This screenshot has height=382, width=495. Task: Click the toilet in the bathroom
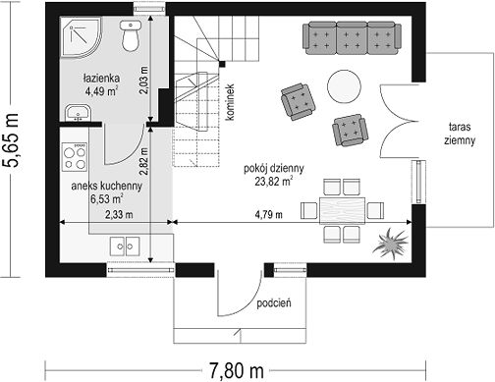pyautogui.click(x=131, y=35)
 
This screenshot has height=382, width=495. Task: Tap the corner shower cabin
pyautogui.click(x=80, y=37)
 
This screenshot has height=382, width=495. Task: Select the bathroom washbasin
pyautogui.click(x=78, y=113)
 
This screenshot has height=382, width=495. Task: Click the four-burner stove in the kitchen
pyautogui.click(x=75, y=157)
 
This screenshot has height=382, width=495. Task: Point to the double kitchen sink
pyautogui.click(x=125, y=246)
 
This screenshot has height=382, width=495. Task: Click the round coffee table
pyautogui.click(x=344, y=86)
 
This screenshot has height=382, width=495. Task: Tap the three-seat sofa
pyautogui.click(x=353, y=38)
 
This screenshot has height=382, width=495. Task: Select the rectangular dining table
pyautogui.click(x=342, y=210)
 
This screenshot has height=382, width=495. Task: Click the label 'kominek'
pyautogui.click(x=231, y=102)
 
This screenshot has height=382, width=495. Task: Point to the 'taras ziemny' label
pyautogui.click(x=460, y=134)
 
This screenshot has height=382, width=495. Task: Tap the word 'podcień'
pyautogui.click(x=274, y=302)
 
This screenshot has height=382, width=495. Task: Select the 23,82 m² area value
pyautogui.click(x=274, y=181)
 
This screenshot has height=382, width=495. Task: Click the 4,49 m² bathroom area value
pyautogui.click(x=101, y=90)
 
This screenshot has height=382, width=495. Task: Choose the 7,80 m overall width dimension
pyautogui.click(x=237, y=371)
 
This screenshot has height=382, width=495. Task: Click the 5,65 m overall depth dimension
pyautogui.click(x=10, y=140)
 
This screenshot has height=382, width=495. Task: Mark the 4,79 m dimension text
pyautogui.click(x=268, y=215)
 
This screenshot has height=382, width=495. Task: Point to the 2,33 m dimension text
pyautogui.click(x=119, y=215)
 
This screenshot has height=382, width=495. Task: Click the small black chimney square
pyautogui.click(x=222, y=64)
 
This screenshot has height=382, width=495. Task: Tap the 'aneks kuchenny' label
pyautogui.click(x=107, y=186)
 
